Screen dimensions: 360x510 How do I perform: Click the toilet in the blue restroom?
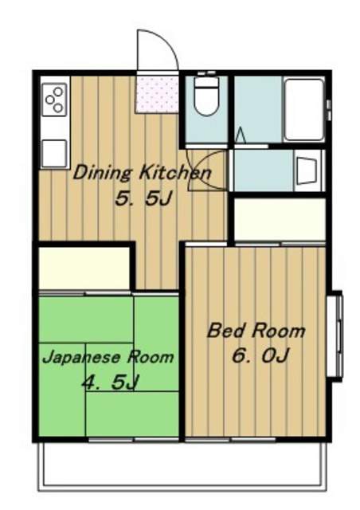[x=205, y=95]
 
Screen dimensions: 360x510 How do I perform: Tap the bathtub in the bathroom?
[x=303, y=110]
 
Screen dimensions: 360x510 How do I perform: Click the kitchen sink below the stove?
[x=54, y=153]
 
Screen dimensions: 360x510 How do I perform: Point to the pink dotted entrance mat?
[x=157, y=94]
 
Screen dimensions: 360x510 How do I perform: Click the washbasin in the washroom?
[x=307, y=171]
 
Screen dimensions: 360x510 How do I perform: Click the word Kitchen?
[x=175, y=172]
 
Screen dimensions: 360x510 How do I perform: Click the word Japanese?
[x=81, y=358]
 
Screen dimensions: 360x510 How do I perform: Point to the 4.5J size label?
[x=111, y=382]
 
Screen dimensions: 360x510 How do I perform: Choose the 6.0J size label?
[x=260, y=355]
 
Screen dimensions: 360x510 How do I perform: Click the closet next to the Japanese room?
[x=84, y=268]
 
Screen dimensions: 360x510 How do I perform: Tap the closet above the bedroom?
[x=280, y=220]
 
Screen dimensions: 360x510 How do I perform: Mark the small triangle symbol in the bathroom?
[x=240, y=135]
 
